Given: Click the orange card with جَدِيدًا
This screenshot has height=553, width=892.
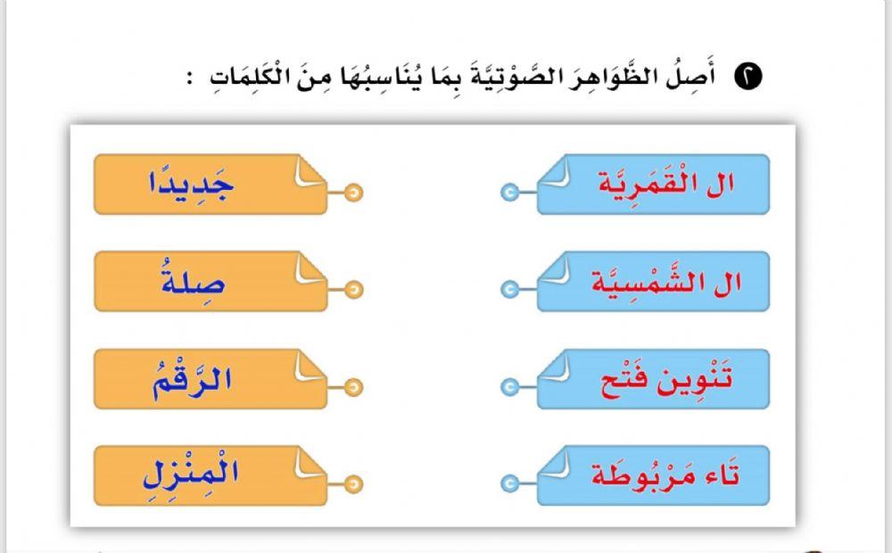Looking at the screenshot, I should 210,185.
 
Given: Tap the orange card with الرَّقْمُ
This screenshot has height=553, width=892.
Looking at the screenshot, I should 210,379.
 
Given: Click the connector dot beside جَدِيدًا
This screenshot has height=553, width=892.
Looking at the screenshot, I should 354,192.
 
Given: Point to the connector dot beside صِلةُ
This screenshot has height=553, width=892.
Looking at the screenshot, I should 354,289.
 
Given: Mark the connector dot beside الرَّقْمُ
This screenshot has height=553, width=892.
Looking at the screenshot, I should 354,387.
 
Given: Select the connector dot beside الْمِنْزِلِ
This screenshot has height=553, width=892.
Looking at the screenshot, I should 354,483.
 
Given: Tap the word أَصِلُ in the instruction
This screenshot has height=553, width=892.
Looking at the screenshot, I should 704,77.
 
